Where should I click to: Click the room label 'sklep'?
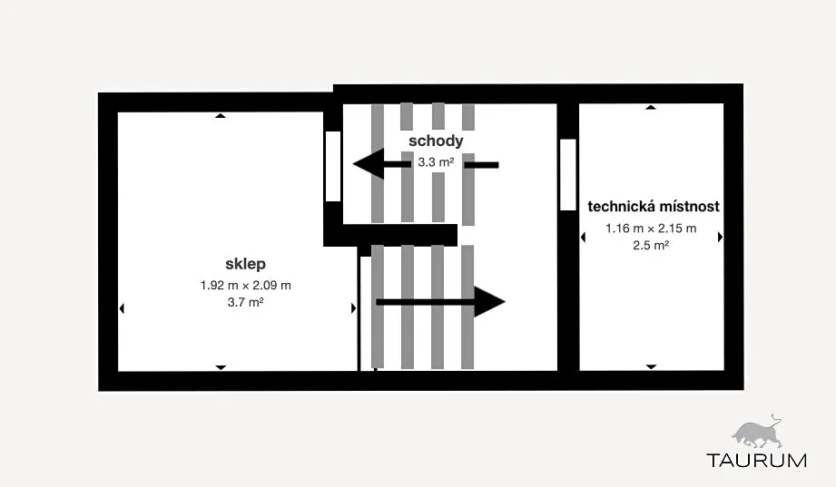245,264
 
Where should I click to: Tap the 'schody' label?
436,141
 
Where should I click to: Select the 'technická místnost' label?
654,206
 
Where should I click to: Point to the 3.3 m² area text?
436,162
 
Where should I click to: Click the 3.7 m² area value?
245,302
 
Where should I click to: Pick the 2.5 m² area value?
651,245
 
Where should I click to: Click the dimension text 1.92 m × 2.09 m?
245,285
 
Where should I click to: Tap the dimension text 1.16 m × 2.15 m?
651,228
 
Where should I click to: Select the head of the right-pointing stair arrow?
489,302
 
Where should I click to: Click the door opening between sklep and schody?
333,166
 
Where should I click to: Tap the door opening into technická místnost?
568,175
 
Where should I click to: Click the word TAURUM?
756,461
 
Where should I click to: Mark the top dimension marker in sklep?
221,115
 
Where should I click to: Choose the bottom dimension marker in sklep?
221,367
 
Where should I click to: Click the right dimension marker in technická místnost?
721,237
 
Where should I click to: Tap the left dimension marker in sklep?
122,308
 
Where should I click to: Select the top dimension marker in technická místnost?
651,107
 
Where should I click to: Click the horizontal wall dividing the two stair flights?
390,235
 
